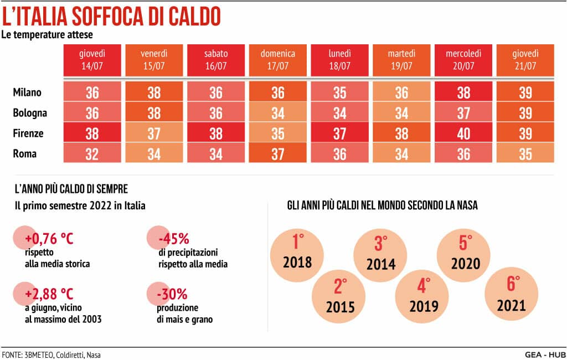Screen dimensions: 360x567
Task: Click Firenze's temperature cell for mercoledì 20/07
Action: tap(464, 133)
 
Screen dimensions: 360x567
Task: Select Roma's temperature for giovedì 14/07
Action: tap(92, 154)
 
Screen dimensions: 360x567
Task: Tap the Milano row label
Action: tap(27, 92)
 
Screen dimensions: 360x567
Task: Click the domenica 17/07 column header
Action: tap(278, 59)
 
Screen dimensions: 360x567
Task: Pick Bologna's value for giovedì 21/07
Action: tap(525, 113)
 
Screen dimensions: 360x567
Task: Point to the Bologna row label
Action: tap(30, 113)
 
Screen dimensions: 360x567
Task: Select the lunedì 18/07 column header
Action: tap(340, 59)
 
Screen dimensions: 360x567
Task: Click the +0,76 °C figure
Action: tap(49, 239)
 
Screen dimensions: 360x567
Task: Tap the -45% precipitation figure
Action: tap(173, 239)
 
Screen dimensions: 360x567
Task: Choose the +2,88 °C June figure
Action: tap(49, 292)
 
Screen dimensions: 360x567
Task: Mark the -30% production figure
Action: tap(173, 292)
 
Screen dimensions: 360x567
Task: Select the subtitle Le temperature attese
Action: tap(47, 34)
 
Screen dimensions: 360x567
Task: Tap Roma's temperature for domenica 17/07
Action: tap(278, 154)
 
